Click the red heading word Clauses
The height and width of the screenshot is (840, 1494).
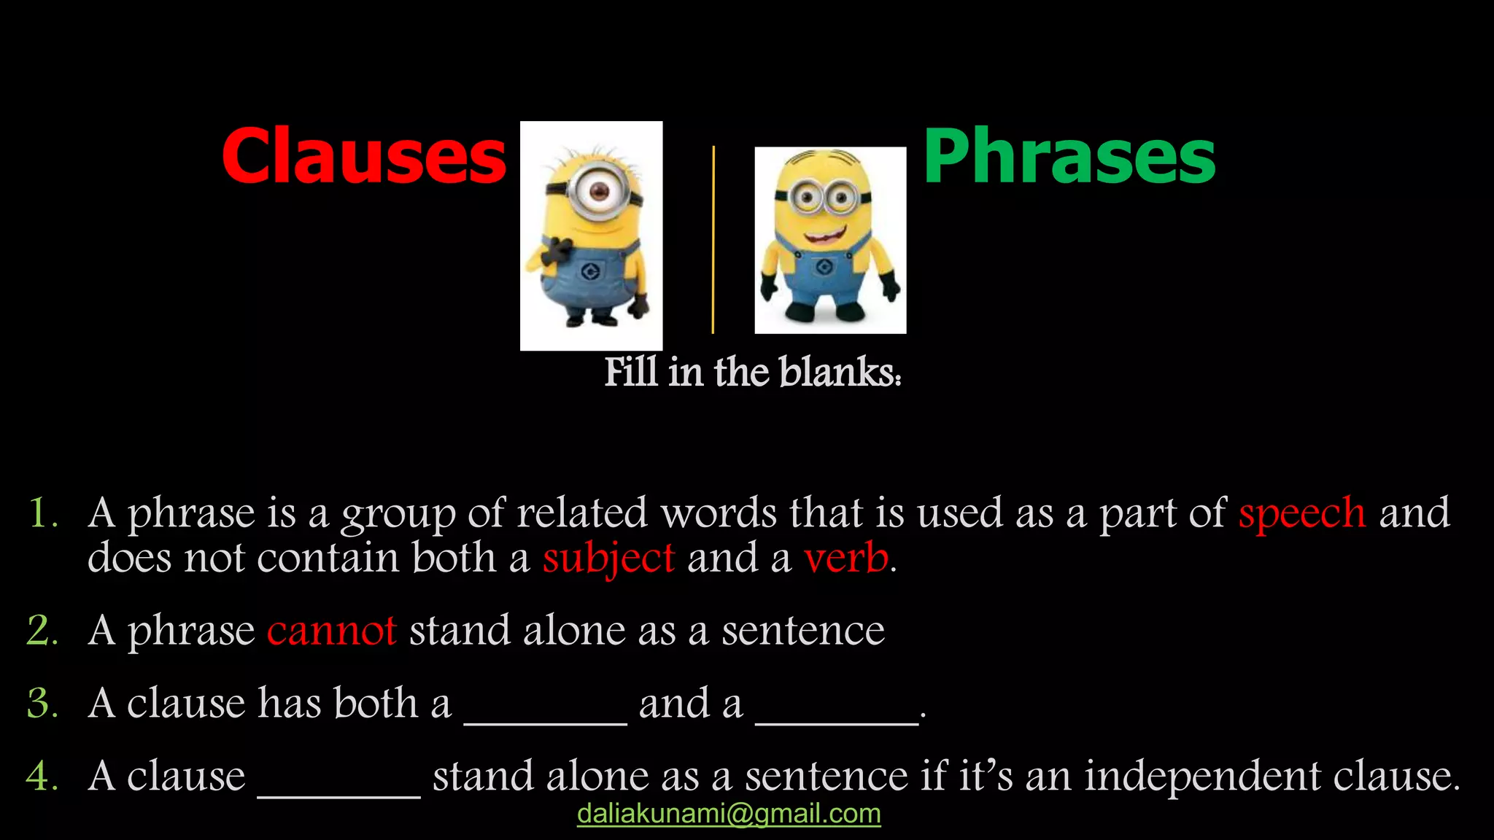tap(363, 156)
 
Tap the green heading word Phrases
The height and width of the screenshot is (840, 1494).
tap(1069, 156)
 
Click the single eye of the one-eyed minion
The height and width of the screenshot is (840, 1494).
tap(599, 192)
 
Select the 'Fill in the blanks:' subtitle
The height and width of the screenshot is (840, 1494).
tap(753, 372)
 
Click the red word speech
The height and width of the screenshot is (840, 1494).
tap(1301, 513)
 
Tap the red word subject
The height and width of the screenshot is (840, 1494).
tap(608, 559)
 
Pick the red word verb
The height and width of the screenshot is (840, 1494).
tap(846, 559)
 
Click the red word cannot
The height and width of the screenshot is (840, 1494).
tap(331, 630)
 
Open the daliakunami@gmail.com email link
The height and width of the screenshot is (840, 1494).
tap(729, 814)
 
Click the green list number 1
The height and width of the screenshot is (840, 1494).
tap(42, 513)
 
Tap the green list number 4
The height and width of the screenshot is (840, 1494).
tap(42, 776)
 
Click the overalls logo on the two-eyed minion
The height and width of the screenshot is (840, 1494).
tap(825, 267)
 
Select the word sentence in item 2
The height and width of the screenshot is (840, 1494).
tap(803, 630)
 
